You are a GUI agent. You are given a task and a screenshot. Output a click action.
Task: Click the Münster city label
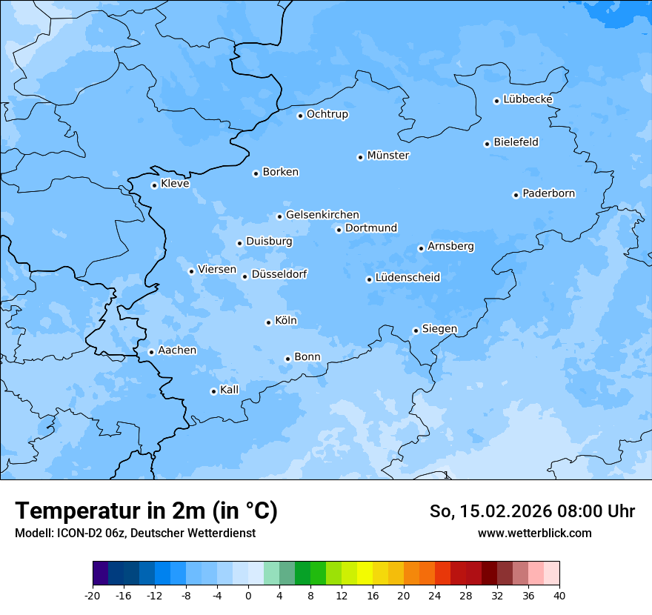coord(388,156)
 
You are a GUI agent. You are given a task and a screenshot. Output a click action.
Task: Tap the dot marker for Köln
coord(268,322)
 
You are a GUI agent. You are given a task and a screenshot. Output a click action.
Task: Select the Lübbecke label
coord(528,99)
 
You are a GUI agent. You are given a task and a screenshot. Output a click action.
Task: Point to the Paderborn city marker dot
coord(516,195)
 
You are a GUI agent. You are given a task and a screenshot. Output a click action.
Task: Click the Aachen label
coord(177,350)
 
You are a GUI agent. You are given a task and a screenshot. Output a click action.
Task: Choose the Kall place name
coord(230,390)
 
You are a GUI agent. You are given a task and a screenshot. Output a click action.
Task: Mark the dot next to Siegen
coord(416,330)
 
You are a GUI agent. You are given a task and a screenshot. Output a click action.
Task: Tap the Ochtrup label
coord(327,114)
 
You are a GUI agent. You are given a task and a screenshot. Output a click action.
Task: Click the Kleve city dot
coord(154,185)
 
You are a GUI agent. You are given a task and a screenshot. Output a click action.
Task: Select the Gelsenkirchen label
coord(322,215)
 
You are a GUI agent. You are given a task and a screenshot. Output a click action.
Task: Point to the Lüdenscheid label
coord(408,278)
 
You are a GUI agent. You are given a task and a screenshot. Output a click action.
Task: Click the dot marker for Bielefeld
coord(487,144)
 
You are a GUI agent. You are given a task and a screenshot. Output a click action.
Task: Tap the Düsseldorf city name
coord(279,274)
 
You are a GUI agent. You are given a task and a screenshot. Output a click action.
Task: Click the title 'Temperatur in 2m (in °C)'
coord(147,511)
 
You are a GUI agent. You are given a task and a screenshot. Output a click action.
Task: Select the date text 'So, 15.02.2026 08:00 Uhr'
coord(532,511)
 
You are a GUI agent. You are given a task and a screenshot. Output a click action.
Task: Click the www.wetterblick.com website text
coord(534,533)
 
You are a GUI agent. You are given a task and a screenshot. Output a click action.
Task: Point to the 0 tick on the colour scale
coord(248,596)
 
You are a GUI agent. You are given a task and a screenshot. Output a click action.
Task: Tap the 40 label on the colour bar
coord(559,596)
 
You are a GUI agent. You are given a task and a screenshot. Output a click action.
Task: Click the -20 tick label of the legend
coord(93,596)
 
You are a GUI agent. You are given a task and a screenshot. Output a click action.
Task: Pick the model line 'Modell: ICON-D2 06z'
coord(70,533)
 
